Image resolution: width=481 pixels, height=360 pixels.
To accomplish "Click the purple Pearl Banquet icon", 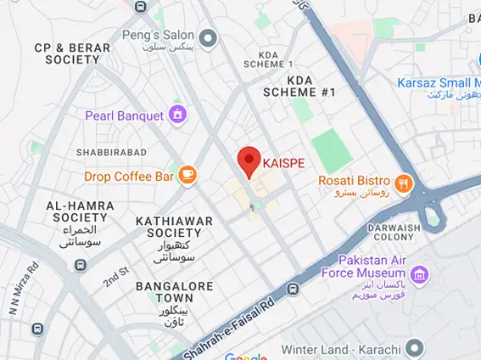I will [177, 114].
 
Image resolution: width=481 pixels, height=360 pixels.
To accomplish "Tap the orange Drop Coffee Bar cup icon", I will [187, 176].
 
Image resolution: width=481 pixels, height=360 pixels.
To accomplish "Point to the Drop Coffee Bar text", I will [129, 177].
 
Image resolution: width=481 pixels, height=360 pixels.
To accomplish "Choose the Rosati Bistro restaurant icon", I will [404, 181].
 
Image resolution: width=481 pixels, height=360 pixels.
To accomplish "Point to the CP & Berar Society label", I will [72, 54].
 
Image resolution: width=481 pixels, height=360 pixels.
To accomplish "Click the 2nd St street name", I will [115, 277].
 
